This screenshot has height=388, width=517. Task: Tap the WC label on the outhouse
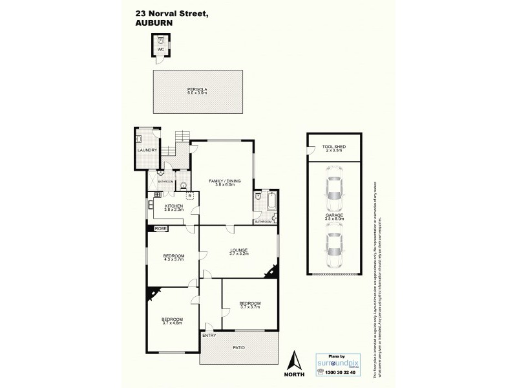(x=162, y=49)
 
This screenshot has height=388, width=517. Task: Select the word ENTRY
(x=209, y=335)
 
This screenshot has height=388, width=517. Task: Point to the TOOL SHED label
(x=334, y=147)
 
